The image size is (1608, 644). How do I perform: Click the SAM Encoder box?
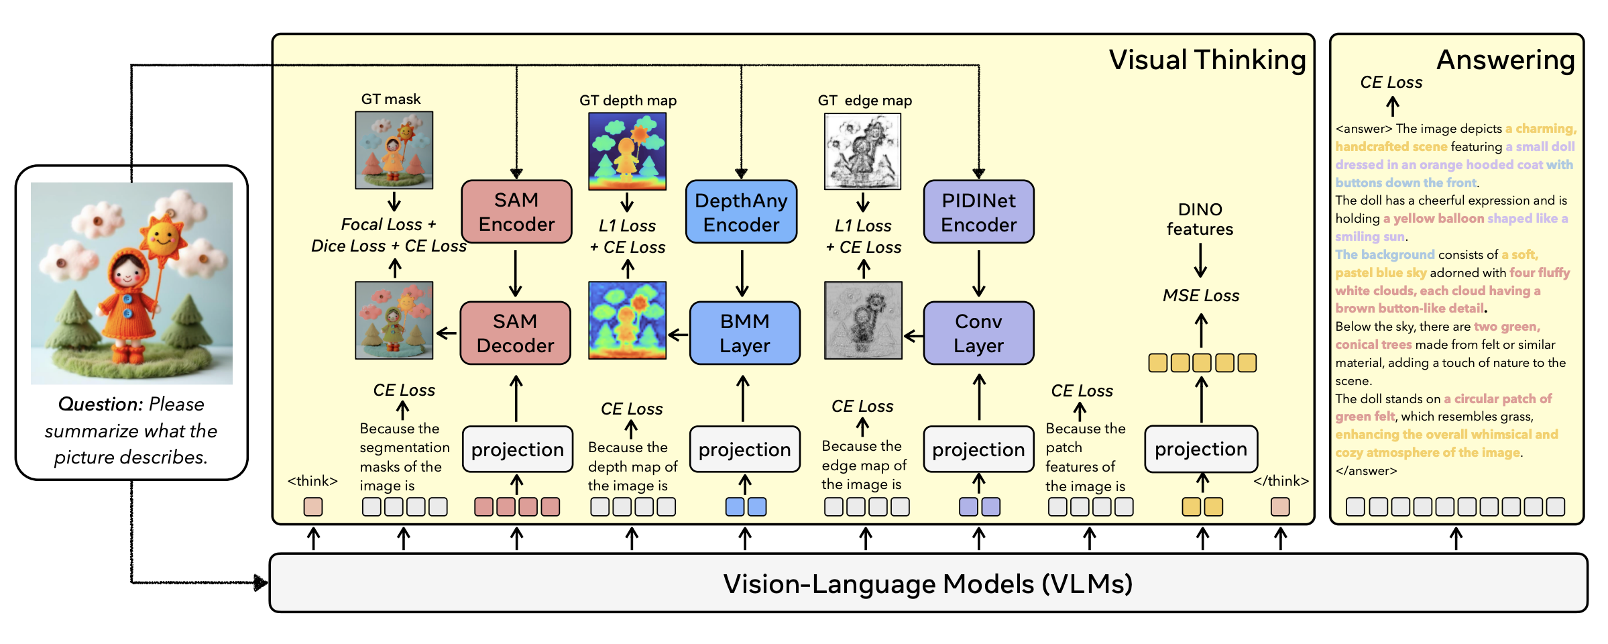point(516,211)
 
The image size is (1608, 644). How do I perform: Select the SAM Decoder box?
point(515,333)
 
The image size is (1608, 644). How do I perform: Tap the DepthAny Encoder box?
point(741,212)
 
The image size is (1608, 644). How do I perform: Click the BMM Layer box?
point(744,333)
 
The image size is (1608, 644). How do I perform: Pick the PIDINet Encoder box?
point(978,212)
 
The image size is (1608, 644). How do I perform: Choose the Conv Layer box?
point(978,333)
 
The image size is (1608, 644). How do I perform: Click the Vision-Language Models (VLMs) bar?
point(927,583)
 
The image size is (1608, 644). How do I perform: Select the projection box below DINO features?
point(1200,449)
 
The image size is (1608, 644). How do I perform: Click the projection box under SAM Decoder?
point(517,449)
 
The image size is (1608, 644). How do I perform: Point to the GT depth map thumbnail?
point(627,151)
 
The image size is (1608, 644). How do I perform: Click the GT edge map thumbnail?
point(862,151)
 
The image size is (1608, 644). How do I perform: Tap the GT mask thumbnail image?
point(394,150)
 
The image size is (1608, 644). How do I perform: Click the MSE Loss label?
point(1200,295)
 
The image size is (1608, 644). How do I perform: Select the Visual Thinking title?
point(1207,60)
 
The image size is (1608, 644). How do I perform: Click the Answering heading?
point(1505,60)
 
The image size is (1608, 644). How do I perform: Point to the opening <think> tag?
point(312,481)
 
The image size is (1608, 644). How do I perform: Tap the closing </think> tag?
point(1281,481)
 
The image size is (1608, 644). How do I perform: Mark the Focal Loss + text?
point(388,224)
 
